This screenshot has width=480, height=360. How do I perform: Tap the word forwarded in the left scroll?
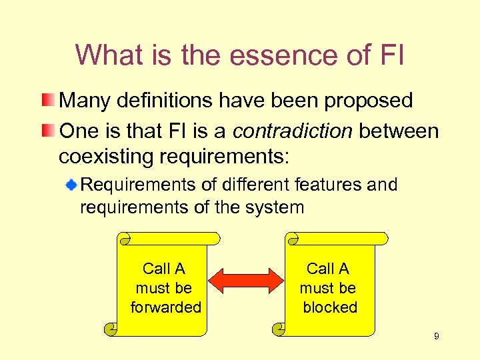tap(165, 307)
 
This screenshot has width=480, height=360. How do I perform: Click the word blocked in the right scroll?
tap(330, 307)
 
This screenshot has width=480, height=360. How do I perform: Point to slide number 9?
tap(436, 337)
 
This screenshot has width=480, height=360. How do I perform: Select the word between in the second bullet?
tap(399, 131)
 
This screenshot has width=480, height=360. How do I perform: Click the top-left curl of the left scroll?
tap(123, 238)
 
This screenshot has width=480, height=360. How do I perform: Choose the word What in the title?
tap(108, 55)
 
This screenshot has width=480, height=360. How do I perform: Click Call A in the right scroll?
tap(327, 269)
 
